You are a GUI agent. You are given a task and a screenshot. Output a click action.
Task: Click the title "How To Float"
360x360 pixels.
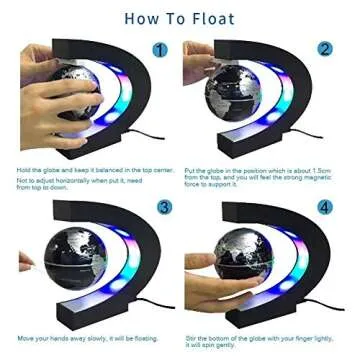(x=180, y=18)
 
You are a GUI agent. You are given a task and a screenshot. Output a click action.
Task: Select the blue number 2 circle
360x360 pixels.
(x=324, y=48)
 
